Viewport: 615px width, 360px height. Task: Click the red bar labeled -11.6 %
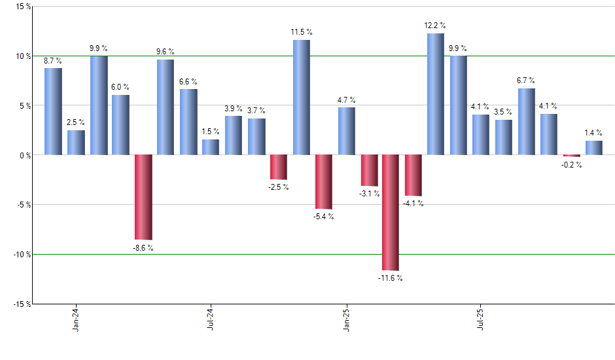tap(391, 212)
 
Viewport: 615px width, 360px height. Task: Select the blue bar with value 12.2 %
tap(436, 94)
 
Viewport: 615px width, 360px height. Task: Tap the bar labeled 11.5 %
tap(301, 98)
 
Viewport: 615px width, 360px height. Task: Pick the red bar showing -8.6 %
tap(143, 197)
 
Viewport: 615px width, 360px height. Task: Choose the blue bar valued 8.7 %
tap(53, 111)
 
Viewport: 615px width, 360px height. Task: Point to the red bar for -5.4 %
tap(323, 181)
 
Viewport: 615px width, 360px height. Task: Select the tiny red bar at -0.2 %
tap(571, 156)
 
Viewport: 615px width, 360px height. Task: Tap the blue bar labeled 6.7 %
tap(526, 122)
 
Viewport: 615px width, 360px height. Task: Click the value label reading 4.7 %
tap(346, 100)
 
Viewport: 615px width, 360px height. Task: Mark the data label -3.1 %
tap(368, 193)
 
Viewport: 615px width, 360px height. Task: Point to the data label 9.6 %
tap(166, 52)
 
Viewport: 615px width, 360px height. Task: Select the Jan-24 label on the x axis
tap(76, 319)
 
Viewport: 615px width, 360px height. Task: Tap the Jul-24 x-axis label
tap(211, 319)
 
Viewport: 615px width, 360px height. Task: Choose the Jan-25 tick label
tap(346, 319)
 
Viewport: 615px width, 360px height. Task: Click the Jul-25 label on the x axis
tap(481, 319)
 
